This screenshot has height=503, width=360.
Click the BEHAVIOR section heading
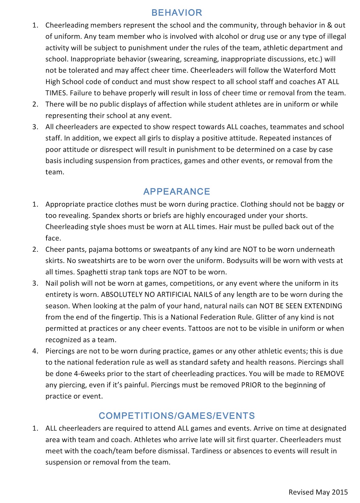tap(177, 13)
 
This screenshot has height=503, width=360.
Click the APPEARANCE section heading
tap(177, 191)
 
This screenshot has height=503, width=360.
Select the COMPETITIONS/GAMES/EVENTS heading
tap(177, 416)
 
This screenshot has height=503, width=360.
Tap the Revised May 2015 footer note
tap(318, 492)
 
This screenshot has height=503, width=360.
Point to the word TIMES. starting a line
tap(56, 93)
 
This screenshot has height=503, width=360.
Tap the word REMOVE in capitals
tap(330, 374)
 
